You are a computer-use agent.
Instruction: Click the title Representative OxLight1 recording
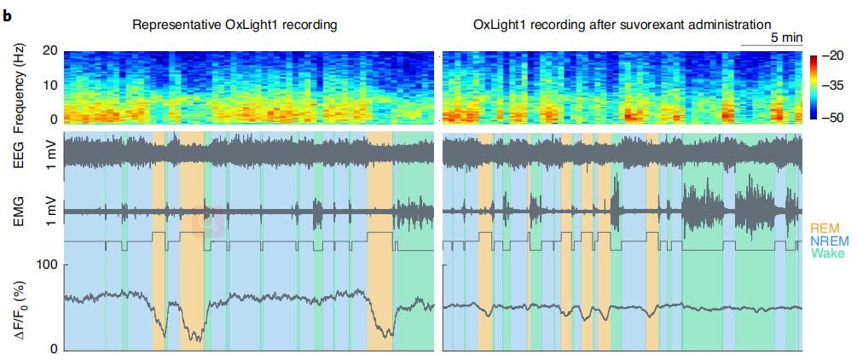pos(235,25)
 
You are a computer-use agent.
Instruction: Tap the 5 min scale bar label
pos(785,38)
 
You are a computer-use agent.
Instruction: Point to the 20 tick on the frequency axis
pos(49,52)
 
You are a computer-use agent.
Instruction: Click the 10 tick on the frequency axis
pos(49,85)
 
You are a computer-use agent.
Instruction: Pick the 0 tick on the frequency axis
pos(52,119)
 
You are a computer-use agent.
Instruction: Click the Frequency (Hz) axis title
pos(20,85)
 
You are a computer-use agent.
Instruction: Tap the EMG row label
pos(20,210)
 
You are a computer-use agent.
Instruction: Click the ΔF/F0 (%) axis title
pos(20,307)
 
